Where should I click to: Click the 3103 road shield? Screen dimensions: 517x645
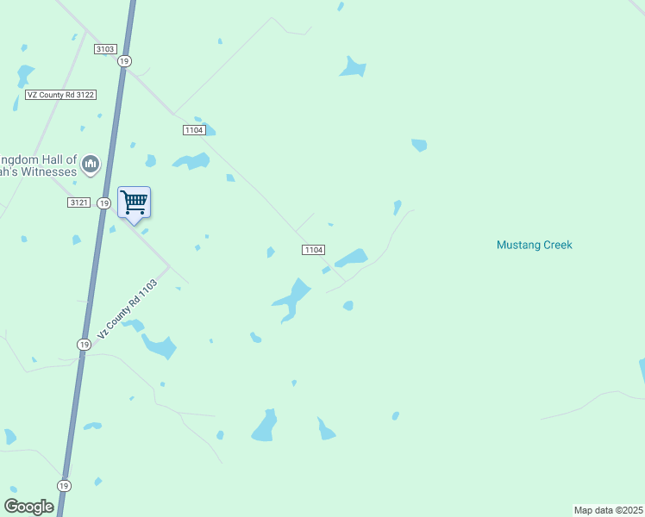[x=106, y=49]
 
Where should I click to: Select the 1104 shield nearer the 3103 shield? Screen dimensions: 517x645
[x=193, y=129]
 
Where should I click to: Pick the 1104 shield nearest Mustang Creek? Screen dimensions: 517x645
[x=313, y=250]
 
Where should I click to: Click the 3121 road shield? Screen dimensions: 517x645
[x=78, y=202]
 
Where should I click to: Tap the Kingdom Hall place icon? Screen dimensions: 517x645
[x=91, y=164]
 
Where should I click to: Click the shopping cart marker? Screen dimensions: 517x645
[x=134, y=203]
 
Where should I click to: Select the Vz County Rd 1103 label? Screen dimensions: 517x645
[x=128, y=308]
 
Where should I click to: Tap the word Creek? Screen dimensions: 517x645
[x=556, y=245]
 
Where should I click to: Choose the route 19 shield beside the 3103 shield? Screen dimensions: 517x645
[x=125, y=61]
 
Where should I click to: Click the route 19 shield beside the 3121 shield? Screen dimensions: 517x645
[x=103, y=202]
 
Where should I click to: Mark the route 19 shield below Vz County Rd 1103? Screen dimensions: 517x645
[x=84, y=344]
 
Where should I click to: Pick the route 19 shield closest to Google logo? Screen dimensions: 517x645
[x=64, y=484]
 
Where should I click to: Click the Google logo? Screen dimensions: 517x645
[x=28, y=507]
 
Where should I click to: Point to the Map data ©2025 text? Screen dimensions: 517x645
[x=608, y=510]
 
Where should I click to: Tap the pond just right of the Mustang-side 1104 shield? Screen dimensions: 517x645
[x=351, y=258]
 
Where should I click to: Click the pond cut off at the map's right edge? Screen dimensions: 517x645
[x=642, y=371]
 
